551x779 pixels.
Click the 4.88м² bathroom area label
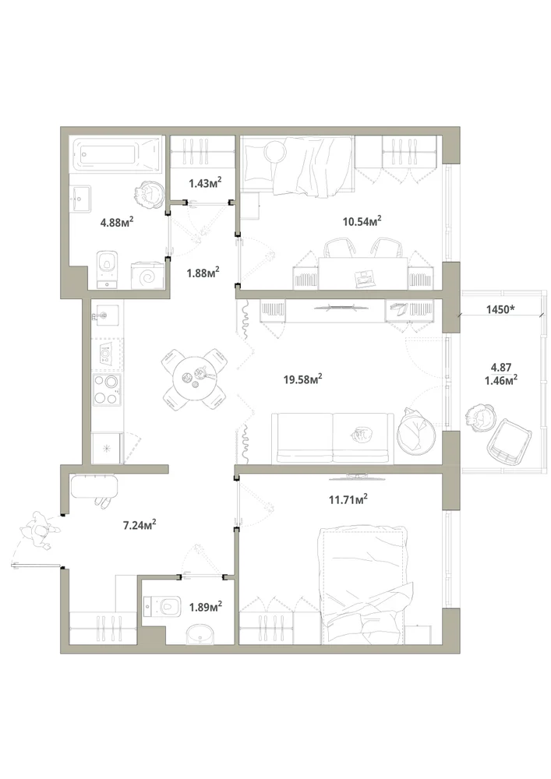pos(117,221)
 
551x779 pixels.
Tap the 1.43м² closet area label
pos(205,183)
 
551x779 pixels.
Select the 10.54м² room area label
pos(362,220)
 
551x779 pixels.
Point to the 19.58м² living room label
pos(303,379)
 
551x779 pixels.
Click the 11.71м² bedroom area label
pos(348,499)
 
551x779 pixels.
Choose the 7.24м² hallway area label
pos(140,524)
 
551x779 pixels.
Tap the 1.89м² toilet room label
pos(205,607)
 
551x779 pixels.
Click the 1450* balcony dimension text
pos(500,309)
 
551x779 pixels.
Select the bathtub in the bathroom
pos(117,153)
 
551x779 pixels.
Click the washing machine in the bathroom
pos(147,277)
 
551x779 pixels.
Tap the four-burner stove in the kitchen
pos(107,389)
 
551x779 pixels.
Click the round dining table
pos(195,379)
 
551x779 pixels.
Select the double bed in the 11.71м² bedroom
pos(366,587)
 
